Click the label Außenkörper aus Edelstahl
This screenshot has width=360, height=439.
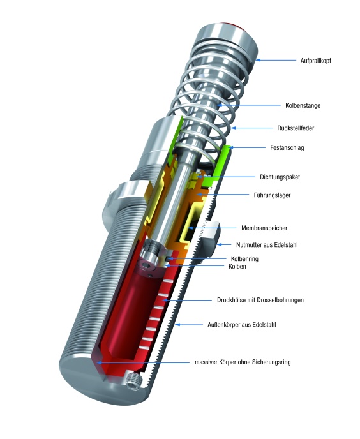tap(257, 325)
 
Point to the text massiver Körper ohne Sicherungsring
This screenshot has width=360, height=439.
tap(243, 362)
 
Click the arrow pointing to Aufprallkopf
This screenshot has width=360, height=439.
tap(278, 60)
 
